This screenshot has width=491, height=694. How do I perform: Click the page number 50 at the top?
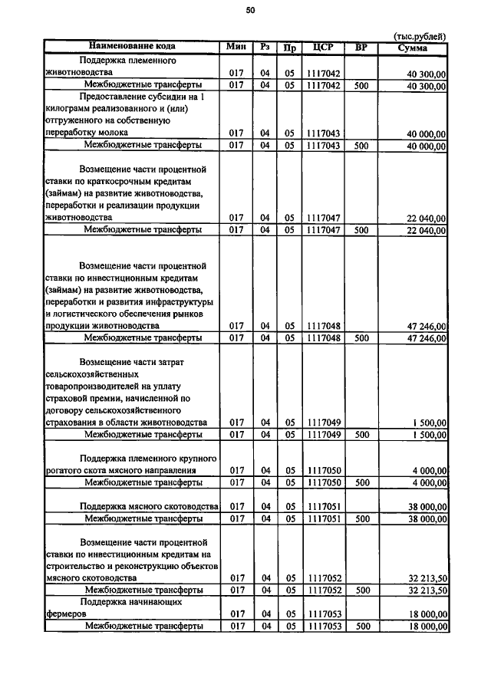(250, 10)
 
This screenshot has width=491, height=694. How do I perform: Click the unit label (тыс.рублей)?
(419, 36)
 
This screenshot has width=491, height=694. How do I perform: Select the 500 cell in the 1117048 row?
(362, 337)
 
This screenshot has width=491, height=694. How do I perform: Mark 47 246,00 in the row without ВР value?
(427, 326)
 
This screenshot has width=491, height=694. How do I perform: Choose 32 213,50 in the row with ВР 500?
(427, 590)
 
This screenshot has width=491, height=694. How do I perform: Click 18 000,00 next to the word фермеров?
(427, 614)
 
